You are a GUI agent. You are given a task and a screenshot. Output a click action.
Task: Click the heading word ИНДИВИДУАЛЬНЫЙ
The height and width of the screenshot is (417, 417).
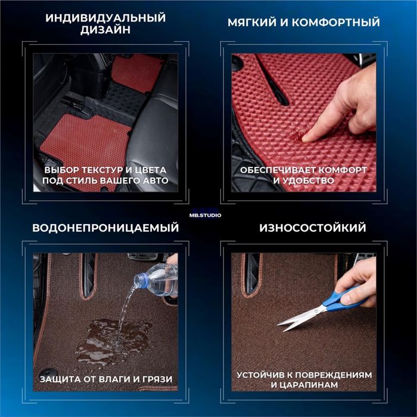tap(105, 18)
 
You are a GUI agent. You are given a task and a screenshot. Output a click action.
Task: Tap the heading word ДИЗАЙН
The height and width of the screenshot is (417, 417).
tap(105, 31)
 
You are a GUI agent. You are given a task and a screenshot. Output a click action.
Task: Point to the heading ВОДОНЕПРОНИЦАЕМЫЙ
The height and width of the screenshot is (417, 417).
tap(105, 228)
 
